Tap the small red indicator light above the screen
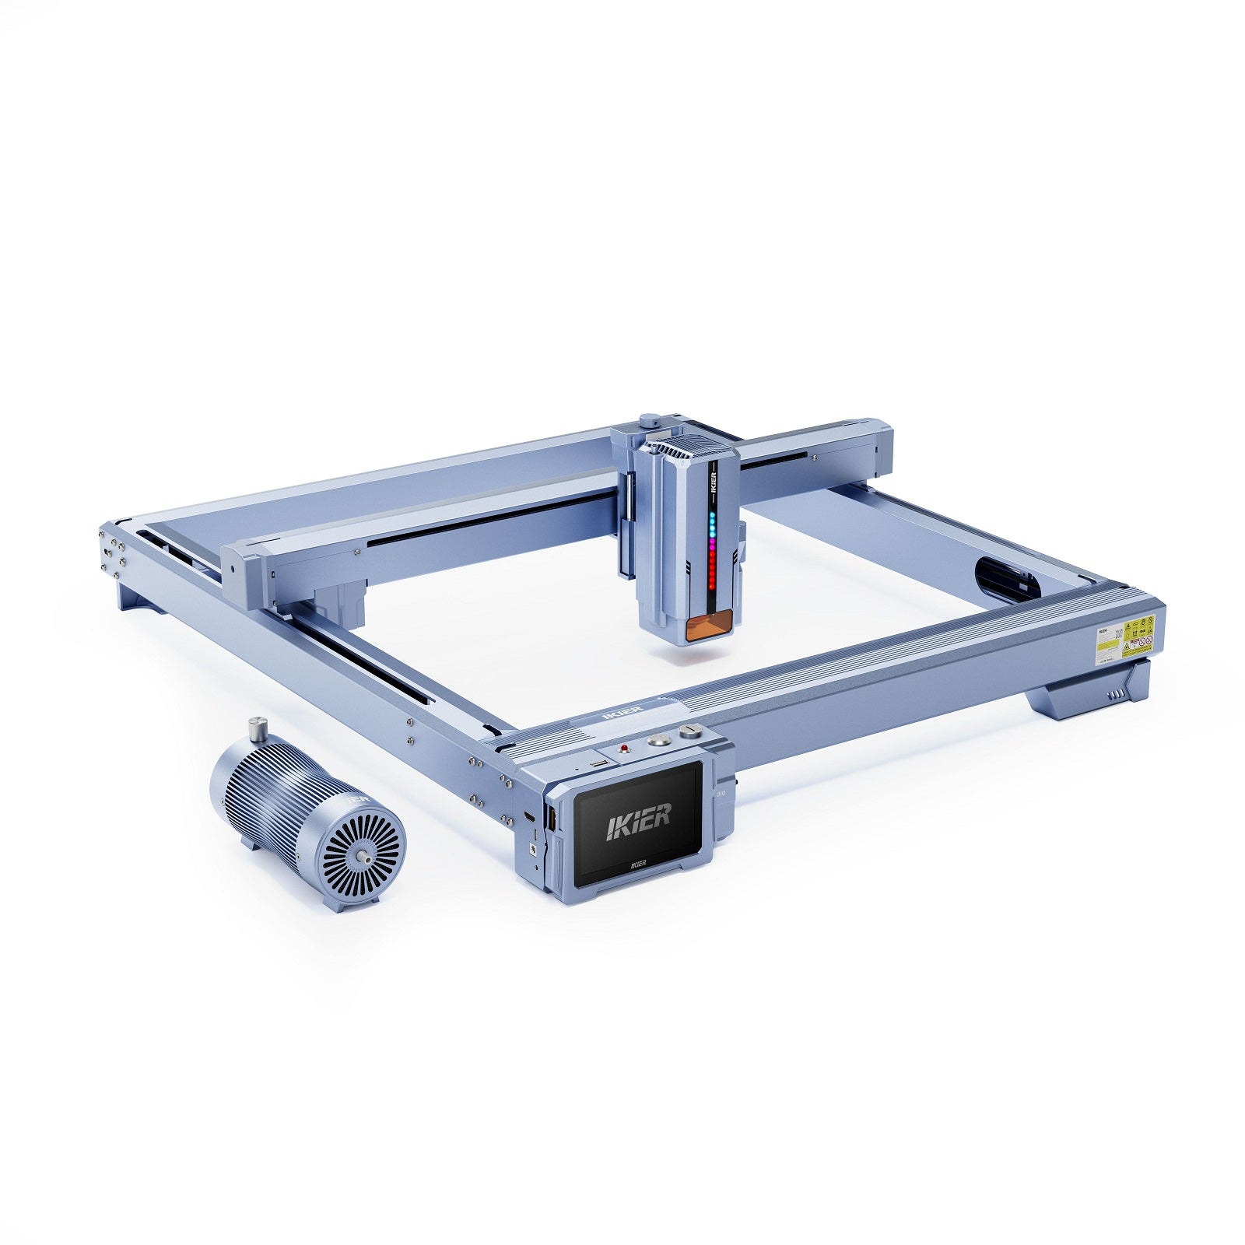click(623, 749)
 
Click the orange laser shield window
click(709, 627)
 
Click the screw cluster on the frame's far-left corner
click(112, 553)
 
